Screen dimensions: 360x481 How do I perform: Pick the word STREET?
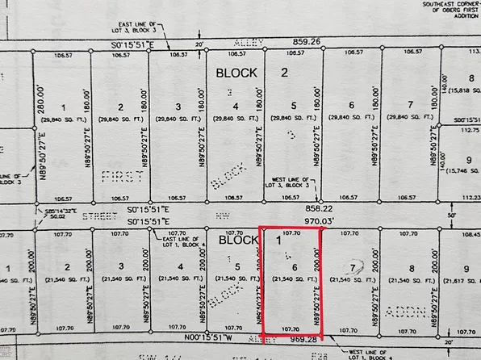pyautogui.click(x=95, y=216)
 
